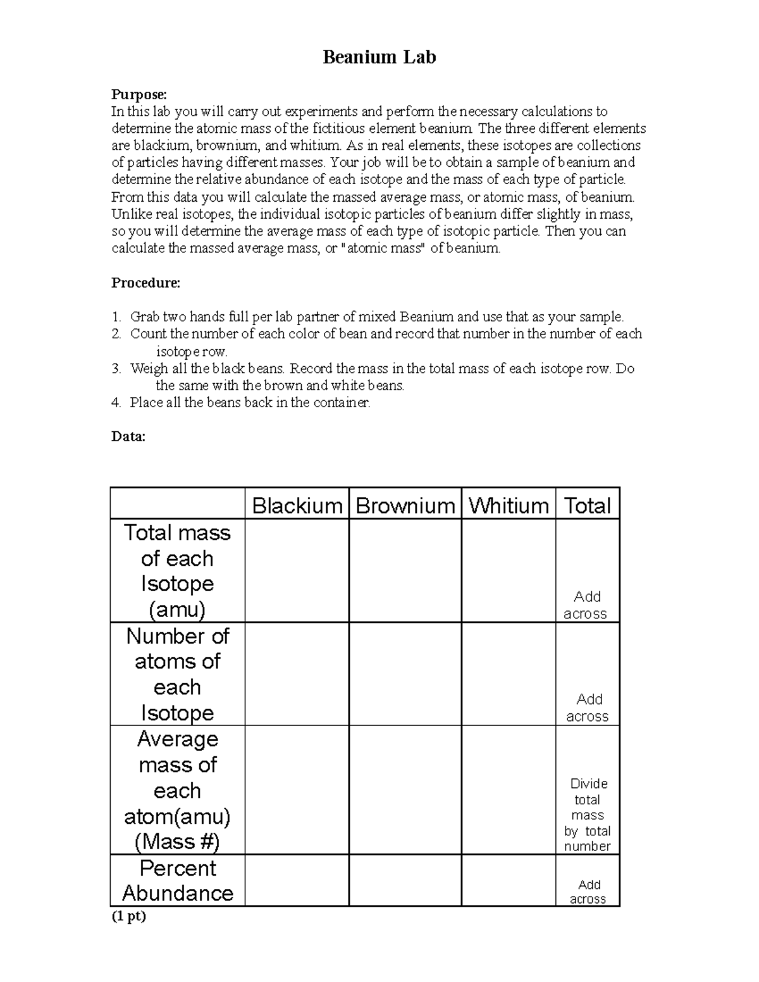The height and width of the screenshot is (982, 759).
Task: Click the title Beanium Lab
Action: coord(379,58)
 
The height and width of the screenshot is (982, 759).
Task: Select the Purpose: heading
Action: coord(139,94)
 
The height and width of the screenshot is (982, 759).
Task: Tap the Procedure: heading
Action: coord(145,283)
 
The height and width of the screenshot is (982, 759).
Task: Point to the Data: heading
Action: coord(128,436)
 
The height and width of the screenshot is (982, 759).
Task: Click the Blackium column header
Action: coord(297,505)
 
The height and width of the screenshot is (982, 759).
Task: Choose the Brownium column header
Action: coord(405,505)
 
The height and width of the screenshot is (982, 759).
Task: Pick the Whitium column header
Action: coord(509,505)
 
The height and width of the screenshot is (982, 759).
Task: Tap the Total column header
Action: coord(587,505)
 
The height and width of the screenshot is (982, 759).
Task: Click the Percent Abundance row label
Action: coord(178,880)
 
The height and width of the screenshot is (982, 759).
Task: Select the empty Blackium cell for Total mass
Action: coord(297,571)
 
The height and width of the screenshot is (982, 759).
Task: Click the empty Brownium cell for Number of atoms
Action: coord(405,674)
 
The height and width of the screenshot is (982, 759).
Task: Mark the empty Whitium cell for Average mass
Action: coord(509,790)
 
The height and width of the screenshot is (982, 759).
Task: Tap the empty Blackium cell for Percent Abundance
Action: coord(297,880)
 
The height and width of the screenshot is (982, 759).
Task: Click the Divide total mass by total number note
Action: coord(587,814)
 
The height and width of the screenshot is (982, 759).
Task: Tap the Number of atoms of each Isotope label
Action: coord(178,674)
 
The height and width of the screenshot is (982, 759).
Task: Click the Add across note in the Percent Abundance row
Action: coord(587,892)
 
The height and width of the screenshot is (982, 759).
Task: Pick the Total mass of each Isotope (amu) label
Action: coord(178,571)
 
